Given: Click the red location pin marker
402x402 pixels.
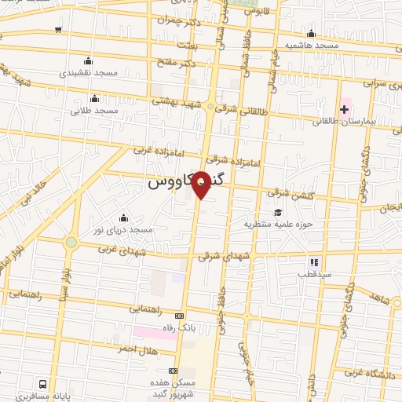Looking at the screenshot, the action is coord(202,185).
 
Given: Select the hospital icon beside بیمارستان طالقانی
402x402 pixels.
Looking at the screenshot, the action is coord(344,108).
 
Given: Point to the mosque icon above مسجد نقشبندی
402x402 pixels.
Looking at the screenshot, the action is coord(87,60).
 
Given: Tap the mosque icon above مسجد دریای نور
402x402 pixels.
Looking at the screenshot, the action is coord(122,218).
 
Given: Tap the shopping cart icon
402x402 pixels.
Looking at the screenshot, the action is coord(59,31).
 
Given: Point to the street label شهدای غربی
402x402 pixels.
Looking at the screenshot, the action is coord(118,250).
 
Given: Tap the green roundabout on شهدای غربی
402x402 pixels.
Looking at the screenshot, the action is coord(71,243).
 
